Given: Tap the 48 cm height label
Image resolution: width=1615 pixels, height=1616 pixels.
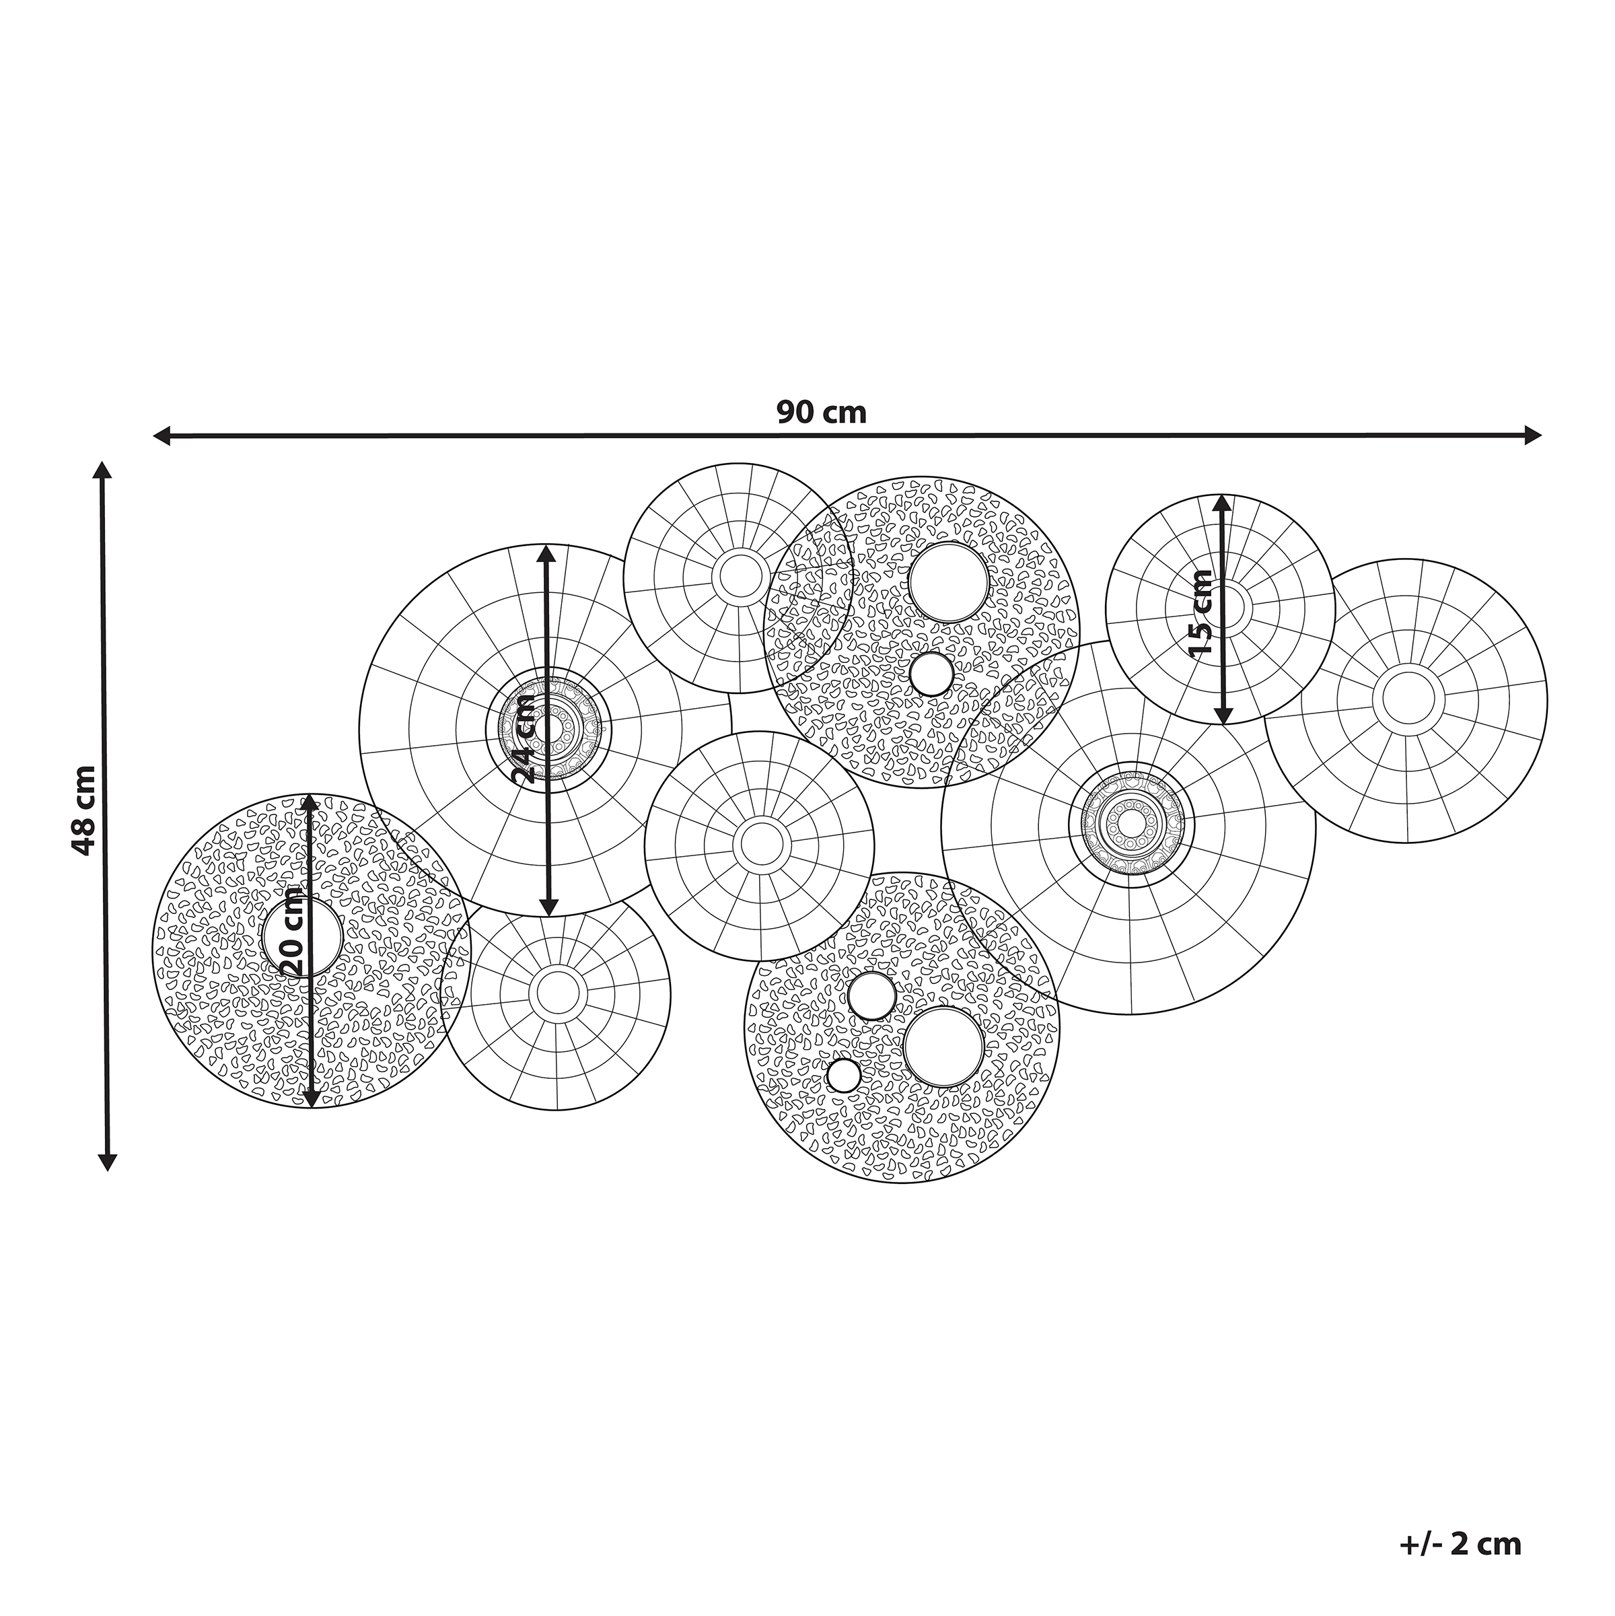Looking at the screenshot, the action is click(85, 809).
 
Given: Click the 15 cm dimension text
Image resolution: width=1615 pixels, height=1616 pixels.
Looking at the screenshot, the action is click(1200, 612).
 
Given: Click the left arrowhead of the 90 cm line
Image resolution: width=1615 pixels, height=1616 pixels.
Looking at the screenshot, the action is click(162, 435).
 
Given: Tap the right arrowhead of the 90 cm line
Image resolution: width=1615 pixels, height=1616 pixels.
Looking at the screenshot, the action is click(1532, 434).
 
